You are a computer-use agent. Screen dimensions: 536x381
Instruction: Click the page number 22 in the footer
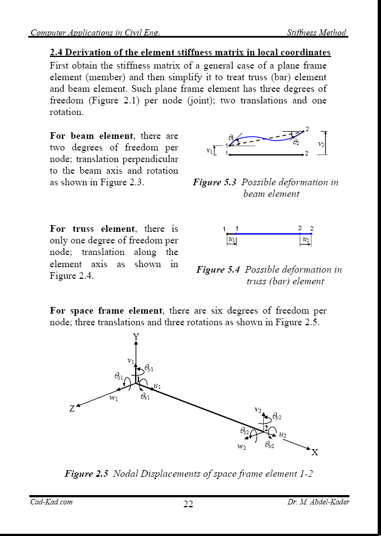[x=188, y=504]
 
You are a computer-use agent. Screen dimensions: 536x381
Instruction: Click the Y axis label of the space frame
[x=136, y=337]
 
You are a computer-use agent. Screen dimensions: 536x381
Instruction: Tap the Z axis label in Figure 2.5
[x=72, y=409]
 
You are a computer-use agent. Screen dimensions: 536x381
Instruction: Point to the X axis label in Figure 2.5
[x=315, y=452]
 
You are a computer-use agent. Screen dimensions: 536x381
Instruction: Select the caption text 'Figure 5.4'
[x=218, y=270]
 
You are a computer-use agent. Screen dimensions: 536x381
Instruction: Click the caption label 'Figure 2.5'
[x=86, y=473]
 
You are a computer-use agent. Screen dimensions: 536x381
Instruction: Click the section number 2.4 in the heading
[x=57, y=53]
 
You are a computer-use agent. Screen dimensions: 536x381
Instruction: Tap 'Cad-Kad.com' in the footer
[x=52, y=502]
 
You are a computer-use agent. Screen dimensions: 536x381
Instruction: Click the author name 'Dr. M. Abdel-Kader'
[x=318, y=502]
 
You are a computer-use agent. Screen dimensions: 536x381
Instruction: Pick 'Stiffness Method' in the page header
[x=317, y=33]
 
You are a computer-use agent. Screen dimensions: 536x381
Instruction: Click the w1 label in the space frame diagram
[x=114, y=398]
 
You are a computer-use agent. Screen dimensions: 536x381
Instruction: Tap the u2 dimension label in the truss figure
[x=306, y=240]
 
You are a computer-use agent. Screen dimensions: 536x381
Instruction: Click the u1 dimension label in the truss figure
[x=231, y=240]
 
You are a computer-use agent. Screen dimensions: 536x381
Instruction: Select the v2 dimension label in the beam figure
[x=321, y=144]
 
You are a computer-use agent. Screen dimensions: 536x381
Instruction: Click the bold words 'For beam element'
[x=91, y=136]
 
